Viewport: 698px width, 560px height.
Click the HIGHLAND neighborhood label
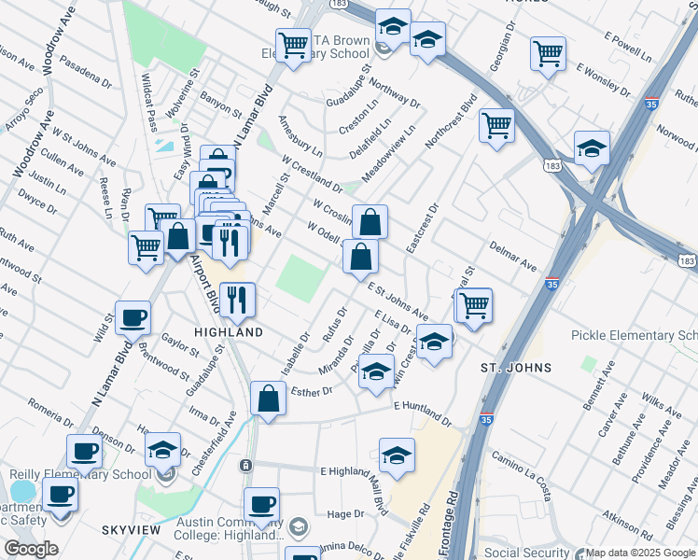click(x=228, y=332)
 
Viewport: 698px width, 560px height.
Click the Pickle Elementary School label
click(x=635, y=336)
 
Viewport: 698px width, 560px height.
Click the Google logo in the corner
click(x=30, y=549)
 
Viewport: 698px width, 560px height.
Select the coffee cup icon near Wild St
click(x=133, y=317)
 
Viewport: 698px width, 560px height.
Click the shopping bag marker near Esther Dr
click(x=268, y=398)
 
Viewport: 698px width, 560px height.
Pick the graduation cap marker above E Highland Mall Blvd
click(x=397, y=455)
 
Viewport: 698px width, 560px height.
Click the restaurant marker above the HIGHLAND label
click(x=237, y=299)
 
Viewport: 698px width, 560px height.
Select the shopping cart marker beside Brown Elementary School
click(x=293, y=44)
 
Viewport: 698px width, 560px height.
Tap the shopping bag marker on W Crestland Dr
click(x=370, y=222)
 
